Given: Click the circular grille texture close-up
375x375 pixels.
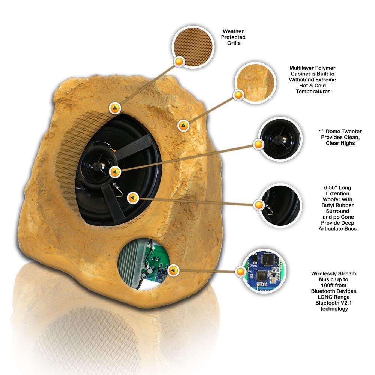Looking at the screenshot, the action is coord(193,47).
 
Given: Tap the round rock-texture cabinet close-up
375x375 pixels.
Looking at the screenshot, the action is coord(255,82).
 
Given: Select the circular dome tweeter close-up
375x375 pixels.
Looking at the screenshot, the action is coord(280,139).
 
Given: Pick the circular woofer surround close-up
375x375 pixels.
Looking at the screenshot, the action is coord(280,205).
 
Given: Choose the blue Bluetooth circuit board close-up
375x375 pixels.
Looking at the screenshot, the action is coord(264,271).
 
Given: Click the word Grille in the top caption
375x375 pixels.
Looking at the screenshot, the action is coord(234,43).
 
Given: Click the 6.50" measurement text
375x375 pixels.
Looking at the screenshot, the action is coord(330,188).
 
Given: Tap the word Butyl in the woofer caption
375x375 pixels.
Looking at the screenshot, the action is coord(328,205).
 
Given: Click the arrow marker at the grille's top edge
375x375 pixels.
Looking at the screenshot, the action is coord(115,108).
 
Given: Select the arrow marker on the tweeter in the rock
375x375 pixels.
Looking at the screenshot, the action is coord(115,172).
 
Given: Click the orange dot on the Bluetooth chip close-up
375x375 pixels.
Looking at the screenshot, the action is coord(241,271).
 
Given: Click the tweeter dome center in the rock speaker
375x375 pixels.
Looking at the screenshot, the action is coord(96,165).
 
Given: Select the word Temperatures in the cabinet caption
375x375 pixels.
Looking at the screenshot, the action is coord(313,91).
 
